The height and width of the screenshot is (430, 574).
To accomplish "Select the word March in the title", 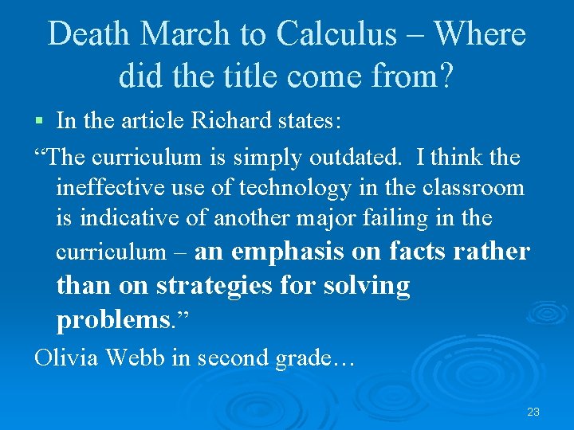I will [186, 33].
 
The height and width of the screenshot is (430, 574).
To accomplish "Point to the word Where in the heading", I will [480, 33].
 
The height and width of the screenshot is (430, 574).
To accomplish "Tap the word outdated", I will [357, 158].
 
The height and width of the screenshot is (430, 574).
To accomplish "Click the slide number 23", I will [533, 412].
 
